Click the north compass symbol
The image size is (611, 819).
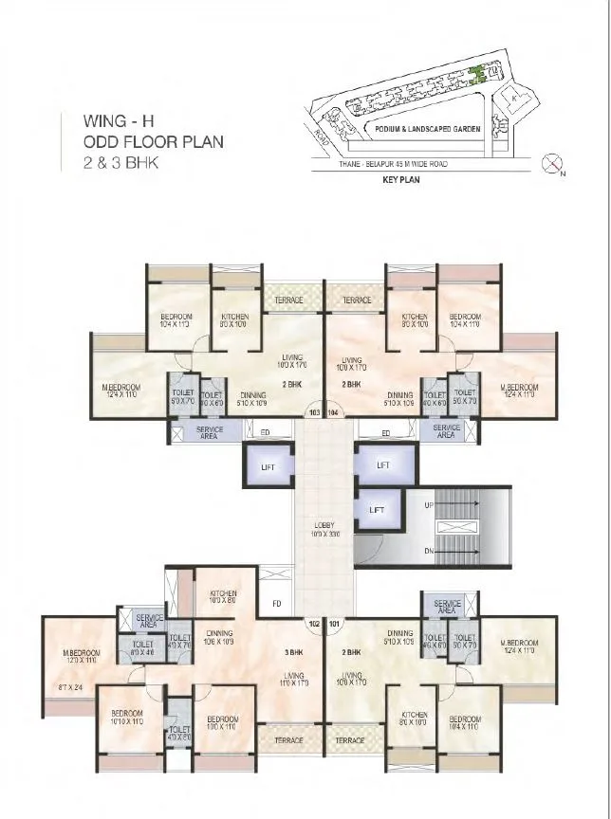click(553, 165)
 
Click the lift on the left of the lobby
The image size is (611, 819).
click(266, 465)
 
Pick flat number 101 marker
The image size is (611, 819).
click(334, 624)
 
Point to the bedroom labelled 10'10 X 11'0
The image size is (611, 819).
click(127, 718)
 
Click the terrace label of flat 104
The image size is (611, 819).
click(355, 300)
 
